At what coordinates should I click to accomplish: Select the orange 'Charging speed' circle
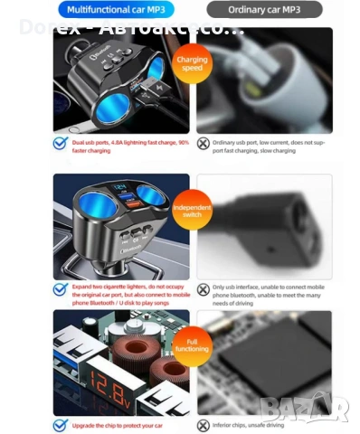(x=192, y=64)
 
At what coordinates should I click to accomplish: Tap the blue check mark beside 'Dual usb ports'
(x=60, y=144)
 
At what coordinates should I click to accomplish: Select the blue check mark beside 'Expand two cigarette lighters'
(x=60, y=290)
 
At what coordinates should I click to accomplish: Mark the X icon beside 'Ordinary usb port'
(x=204, y=144)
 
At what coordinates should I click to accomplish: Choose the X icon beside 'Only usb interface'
(x=204, y=290)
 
